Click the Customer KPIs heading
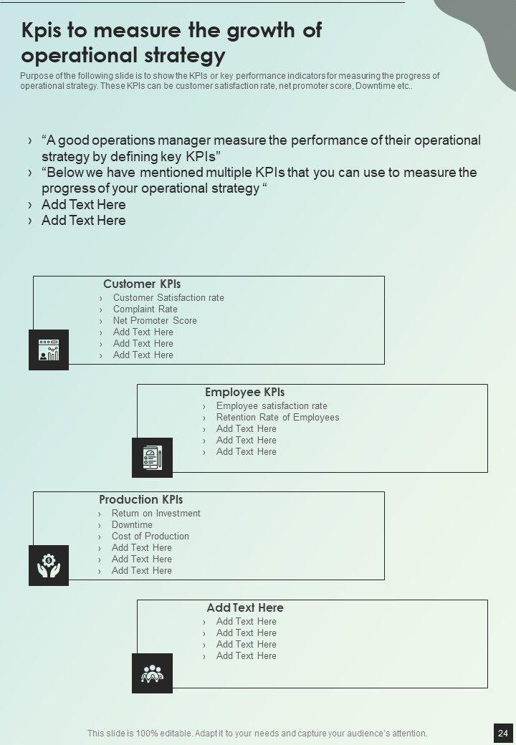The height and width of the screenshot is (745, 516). click(142, 284)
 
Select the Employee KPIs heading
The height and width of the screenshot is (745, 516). click(244, 393)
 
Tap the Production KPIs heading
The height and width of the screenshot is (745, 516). click(140, 500)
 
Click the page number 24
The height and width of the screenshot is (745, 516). click(502, 733)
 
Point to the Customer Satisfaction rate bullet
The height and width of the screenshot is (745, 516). click(168, 298)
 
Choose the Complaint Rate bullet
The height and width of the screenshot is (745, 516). click(145, 309)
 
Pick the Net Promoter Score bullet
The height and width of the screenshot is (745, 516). click(155, 321)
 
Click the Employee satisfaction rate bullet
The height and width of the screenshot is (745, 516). click(272, 406)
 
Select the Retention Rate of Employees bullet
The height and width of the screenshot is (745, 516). click(277, 418)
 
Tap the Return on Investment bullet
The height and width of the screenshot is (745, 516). click(156, 514)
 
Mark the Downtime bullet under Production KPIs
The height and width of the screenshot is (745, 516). click(132, 525)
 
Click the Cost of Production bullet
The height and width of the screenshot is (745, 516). click(150, 537)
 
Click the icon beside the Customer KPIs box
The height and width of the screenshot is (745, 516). click(49, 350)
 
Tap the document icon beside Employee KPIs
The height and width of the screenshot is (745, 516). click(152, 457)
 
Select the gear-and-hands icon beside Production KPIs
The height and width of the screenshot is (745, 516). click(49, 565)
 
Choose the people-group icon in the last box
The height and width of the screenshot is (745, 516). click(152, 673)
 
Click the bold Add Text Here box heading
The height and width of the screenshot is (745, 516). click(245, 608)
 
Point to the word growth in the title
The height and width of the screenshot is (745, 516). click(244, 31)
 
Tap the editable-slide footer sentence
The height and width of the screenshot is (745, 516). click(257, 734)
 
